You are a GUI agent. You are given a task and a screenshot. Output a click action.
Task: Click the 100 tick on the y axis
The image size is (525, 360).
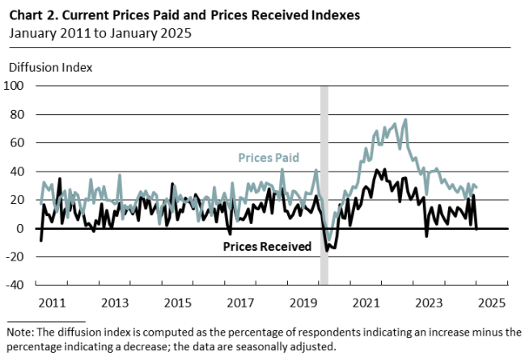coord(15,85)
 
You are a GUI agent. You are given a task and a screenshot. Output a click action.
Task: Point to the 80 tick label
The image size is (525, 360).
coord(18,114)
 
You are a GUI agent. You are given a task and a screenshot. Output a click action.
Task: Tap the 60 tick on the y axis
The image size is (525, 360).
coord(18,142)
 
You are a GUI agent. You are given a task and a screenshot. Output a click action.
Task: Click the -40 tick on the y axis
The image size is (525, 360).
coord(15,285)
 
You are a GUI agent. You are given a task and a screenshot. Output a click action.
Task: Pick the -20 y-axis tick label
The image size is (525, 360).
coord(15,256)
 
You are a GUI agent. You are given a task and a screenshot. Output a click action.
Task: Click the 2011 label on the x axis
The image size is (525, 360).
coord(51,303)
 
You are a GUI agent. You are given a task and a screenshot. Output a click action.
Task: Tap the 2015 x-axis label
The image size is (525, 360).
coord(177,303)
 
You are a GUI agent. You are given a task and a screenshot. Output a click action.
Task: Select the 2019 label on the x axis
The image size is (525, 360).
coord(303,303)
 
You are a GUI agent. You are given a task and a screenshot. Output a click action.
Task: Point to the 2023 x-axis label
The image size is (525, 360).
coord(429,303)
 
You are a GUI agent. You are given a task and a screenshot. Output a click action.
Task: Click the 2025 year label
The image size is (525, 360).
coord(491,303)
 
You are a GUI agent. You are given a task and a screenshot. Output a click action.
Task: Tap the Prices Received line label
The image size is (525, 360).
coord(267,247)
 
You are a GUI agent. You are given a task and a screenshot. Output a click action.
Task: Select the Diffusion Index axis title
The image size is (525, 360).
coord(49,66)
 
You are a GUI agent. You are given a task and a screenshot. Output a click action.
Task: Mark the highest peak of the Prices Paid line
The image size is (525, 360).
coord(405,120)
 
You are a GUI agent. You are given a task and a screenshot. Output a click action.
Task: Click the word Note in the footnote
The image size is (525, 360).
coord(19,332)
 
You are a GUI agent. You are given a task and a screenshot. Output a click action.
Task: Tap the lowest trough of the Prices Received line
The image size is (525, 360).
coord(328,250)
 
